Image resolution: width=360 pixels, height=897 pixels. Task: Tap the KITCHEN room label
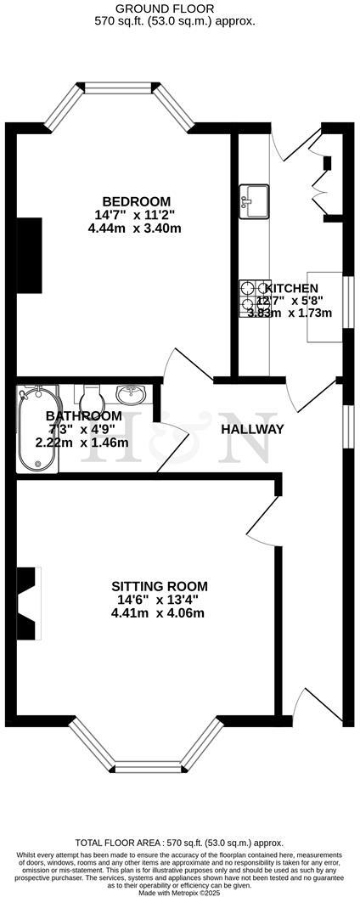[292, 289]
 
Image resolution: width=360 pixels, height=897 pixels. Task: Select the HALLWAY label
[252, 429]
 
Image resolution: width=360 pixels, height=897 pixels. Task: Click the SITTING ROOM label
[160, 586]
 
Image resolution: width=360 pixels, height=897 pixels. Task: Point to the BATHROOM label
[83, 415]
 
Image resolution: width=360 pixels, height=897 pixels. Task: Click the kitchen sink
[253, 198]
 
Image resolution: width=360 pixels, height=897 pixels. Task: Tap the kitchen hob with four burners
[253, 299]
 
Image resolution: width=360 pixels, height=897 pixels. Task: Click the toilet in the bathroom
[92, 397]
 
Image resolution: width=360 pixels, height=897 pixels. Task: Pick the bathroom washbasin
[131, 395]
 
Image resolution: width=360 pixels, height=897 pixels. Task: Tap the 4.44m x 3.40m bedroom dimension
[133, 228]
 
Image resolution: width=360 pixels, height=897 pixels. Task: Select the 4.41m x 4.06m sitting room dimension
[160, 613]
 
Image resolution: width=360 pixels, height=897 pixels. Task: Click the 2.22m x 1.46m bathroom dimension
[82, 443]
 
